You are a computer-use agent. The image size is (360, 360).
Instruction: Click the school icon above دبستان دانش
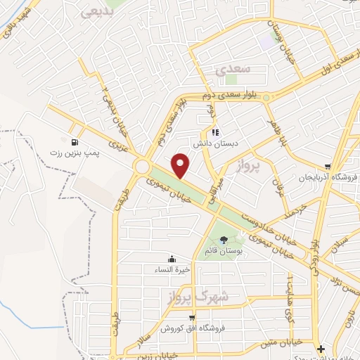point(216,130)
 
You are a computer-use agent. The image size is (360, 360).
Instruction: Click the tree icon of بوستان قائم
point(224,240)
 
